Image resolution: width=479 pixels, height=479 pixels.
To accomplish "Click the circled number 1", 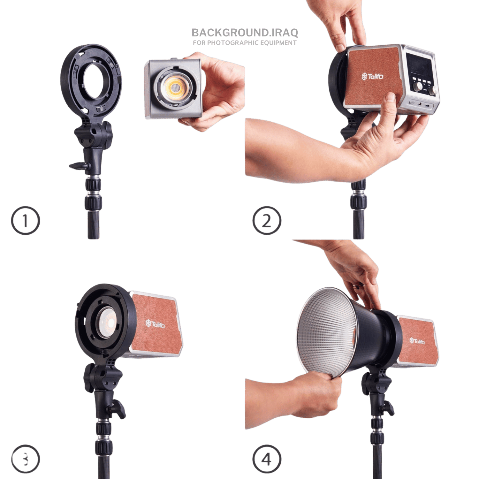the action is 26,221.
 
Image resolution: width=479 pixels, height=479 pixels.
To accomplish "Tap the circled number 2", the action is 267,221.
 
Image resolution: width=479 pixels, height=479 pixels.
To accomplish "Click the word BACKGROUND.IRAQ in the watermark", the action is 245,33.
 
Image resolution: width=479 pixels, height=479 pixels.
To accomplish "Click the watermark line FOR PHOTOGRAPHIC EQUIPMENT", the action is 245,43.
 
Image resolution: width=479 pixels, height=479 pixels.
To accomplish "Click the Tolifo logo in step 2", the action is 372,76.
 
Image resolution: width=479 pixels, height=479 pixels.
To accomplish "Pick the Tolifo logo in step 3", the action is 155,324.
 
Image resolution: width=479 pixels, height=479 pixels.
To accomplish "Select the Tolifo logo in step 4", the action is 417,341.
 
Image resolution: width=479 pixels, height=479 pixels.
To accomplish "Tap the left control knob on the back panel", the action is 418,87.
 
